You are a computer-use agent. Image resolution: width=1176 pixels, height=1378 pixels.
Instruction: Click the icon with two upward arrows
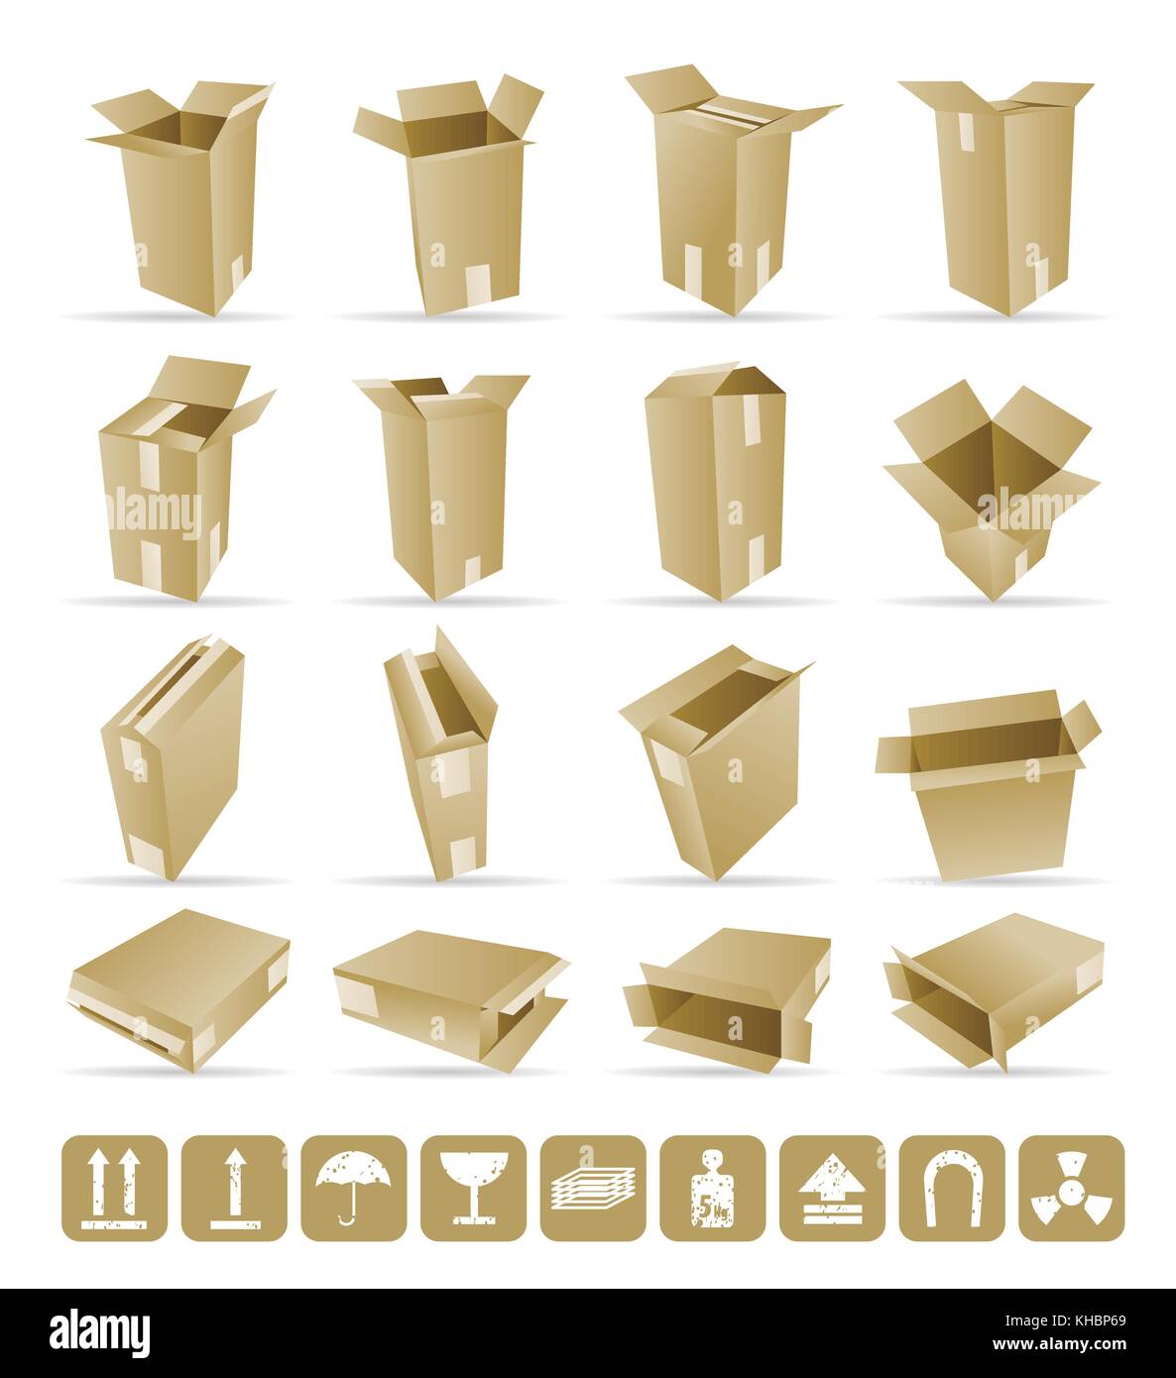point(114,1188)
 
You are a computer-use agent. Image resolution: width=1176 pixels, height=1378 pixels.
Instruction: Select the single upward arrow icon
point(234,1188)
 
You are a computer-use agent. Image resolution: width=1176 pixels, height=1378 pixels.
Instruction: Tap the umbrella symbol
point(354,1188)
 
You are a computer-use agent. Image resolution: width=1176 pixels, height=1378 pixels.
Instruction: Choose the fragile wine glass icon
point(473,1188)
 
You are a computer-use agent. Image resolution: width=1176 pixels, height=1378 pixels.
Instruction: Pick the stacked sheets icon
point(593,1188)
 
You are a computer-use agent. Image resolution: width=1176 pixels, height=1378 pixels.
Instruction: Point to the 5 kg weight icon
point(712,1188)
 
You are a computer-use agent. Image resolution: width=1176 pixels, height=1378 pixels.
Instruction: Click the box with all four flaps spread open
point(992,486)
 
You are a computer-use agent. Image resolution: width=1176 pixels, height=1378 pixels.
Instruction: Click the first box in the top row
point(183,198)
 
